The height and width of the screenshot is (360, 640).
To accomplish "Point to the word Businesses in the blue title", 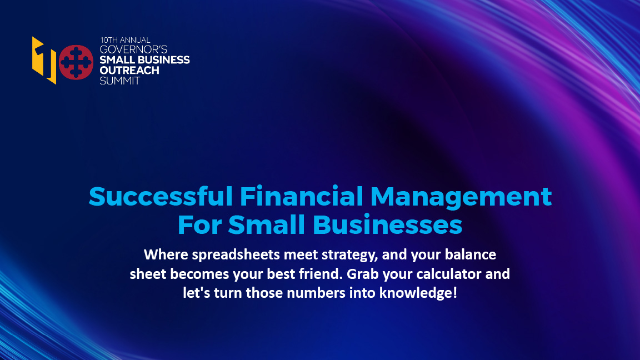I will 387,225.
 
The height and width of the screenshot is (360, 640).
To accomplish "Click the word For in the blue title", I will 199,225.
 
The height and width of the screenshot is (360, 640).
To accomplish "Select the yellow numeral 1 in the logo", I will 43,61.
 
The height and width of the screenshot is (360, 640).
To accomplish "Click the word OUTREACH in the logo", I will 129,71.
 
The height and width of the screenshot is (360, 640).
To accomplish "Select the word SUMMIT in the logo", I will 119,81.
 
